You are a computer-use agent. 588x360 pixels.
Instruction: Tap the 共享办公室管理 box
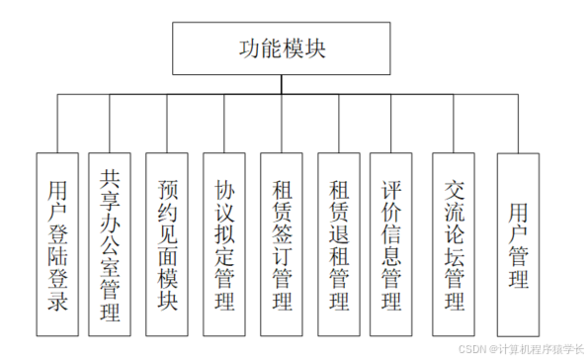click(111, 243)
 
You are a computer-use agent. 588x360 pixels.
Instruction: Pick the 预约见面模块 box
click(168, 243)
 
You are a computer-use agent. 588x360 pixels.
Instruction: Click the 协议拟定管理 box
click(225, 243)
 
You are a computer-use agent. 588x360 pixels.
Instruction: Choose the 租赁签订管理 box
click(283, 243)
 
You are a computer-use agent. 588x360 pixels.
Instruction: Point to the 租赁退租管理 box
click(340, 243)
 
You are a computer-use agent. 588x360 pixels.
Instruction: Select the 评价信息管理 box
click(391, 243)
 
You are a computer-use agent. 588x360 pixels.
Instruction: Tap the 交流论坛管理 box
click(456, 243)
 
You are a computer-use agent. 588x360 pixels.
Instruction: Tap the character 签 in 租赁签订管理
click(283, 233)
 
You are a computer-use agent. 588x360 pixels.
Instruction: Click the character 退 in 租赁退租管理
click(340, 233)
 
